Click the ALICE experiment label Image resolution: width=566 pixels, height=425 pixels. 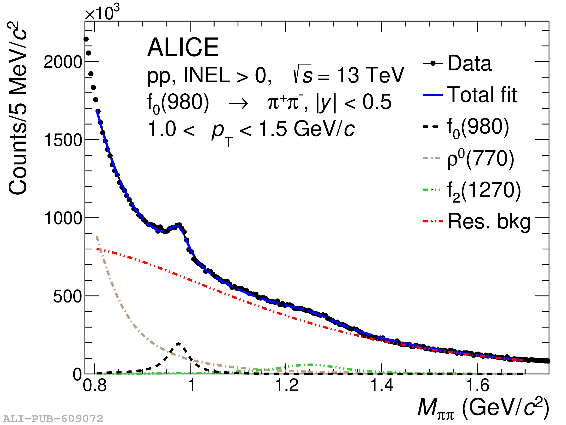coord(183,47)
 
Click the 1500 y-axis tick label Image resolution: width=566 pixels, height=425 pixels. coord(63,140)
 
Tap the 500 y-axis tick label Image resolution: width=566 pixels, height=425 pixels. coord(67,297)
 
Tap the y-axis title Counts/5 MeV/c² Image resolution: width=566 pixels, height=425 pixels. coord(17,109)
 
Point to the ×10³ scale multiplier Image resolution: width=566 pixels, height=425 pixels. coord(102,13)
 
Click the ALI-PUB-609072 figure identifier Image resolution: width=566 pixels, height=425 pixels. coord(53,419)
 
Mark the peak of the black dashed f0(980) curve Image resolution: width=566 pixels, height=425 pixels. coord(179,343)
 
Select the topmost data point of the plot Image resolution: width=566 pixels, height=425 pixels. coord(86,39)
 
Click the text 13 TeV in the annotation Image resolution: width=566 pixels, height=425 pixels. coord(370,75)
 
